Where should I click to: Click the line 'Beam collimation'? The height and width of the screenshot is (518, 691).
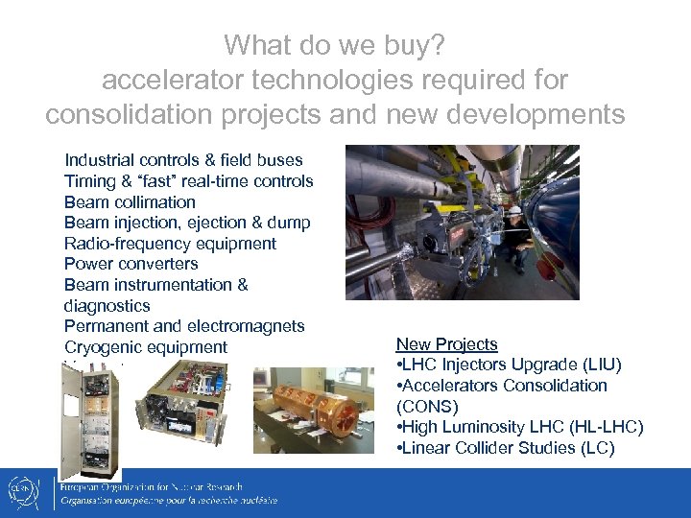[x=130, y=202]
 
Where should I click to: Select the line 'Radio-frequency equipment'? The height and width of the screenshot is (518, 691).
[x=170, y=244]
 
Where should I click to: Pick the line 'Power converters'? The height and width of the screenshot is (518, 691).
[x=131, y=264]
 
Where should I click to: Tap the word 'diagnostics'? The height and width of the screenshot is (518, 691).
[x=107, y=306]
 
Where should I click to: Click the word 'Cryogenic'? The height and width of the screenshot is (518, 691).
[x=104, y=347]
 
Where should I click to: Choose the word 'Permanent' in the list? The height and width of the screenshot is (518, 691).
[x=103, y=326]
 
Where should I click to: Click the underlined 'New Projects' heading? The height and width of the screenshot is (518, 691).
[x=446, y=344]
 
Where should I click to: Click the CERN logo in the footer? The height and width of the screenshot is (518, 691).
[x=30, y=492]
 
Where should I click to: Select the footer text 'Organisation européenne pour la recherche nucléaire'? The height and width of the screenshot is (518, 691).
[x=168, y=501]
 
